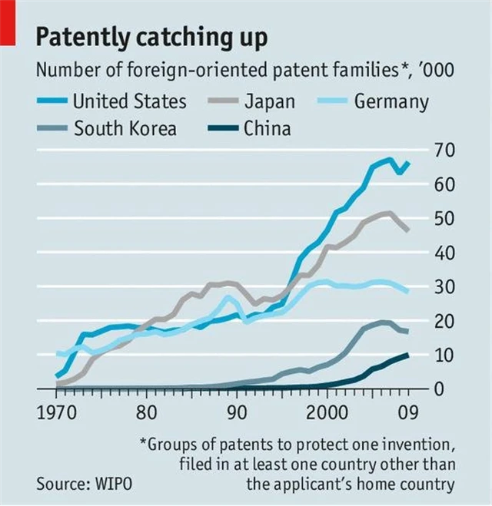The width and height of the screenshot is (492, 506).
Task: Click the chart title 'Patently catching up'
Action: click(x=152, y=36)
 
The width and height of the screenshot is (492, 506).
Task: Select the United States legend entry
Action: click(x=129, y=101)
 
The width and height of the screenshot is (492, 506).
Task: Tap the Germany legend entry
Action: click(x=391, y=101)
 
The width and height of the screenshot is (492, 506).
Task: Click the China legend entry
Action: click(x=267, y=127)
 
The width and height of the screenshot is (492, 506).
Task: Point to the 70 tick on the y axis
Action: click(x=444, y=149)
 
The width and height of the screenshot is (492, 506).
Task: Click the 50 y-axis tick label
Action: click(x=444, y=218)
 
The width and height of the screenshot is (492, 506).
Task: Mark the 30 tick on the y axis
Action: click(x=444, y=286)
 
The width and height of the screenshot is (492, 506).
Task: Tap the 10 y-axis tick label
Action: click(x=444, y=355)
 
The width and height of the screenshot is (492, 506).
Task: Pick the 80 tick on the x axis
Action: click(x=147, y=415)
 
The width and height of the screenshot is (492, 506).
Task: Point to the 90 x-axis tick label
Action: click(x=236, y=415)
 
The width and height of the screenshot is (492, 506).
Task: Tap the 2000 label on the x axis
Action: click(x=327, y=415)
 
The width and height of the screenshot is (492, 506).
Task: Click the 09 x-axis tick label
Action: click(x=407, y=415)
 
